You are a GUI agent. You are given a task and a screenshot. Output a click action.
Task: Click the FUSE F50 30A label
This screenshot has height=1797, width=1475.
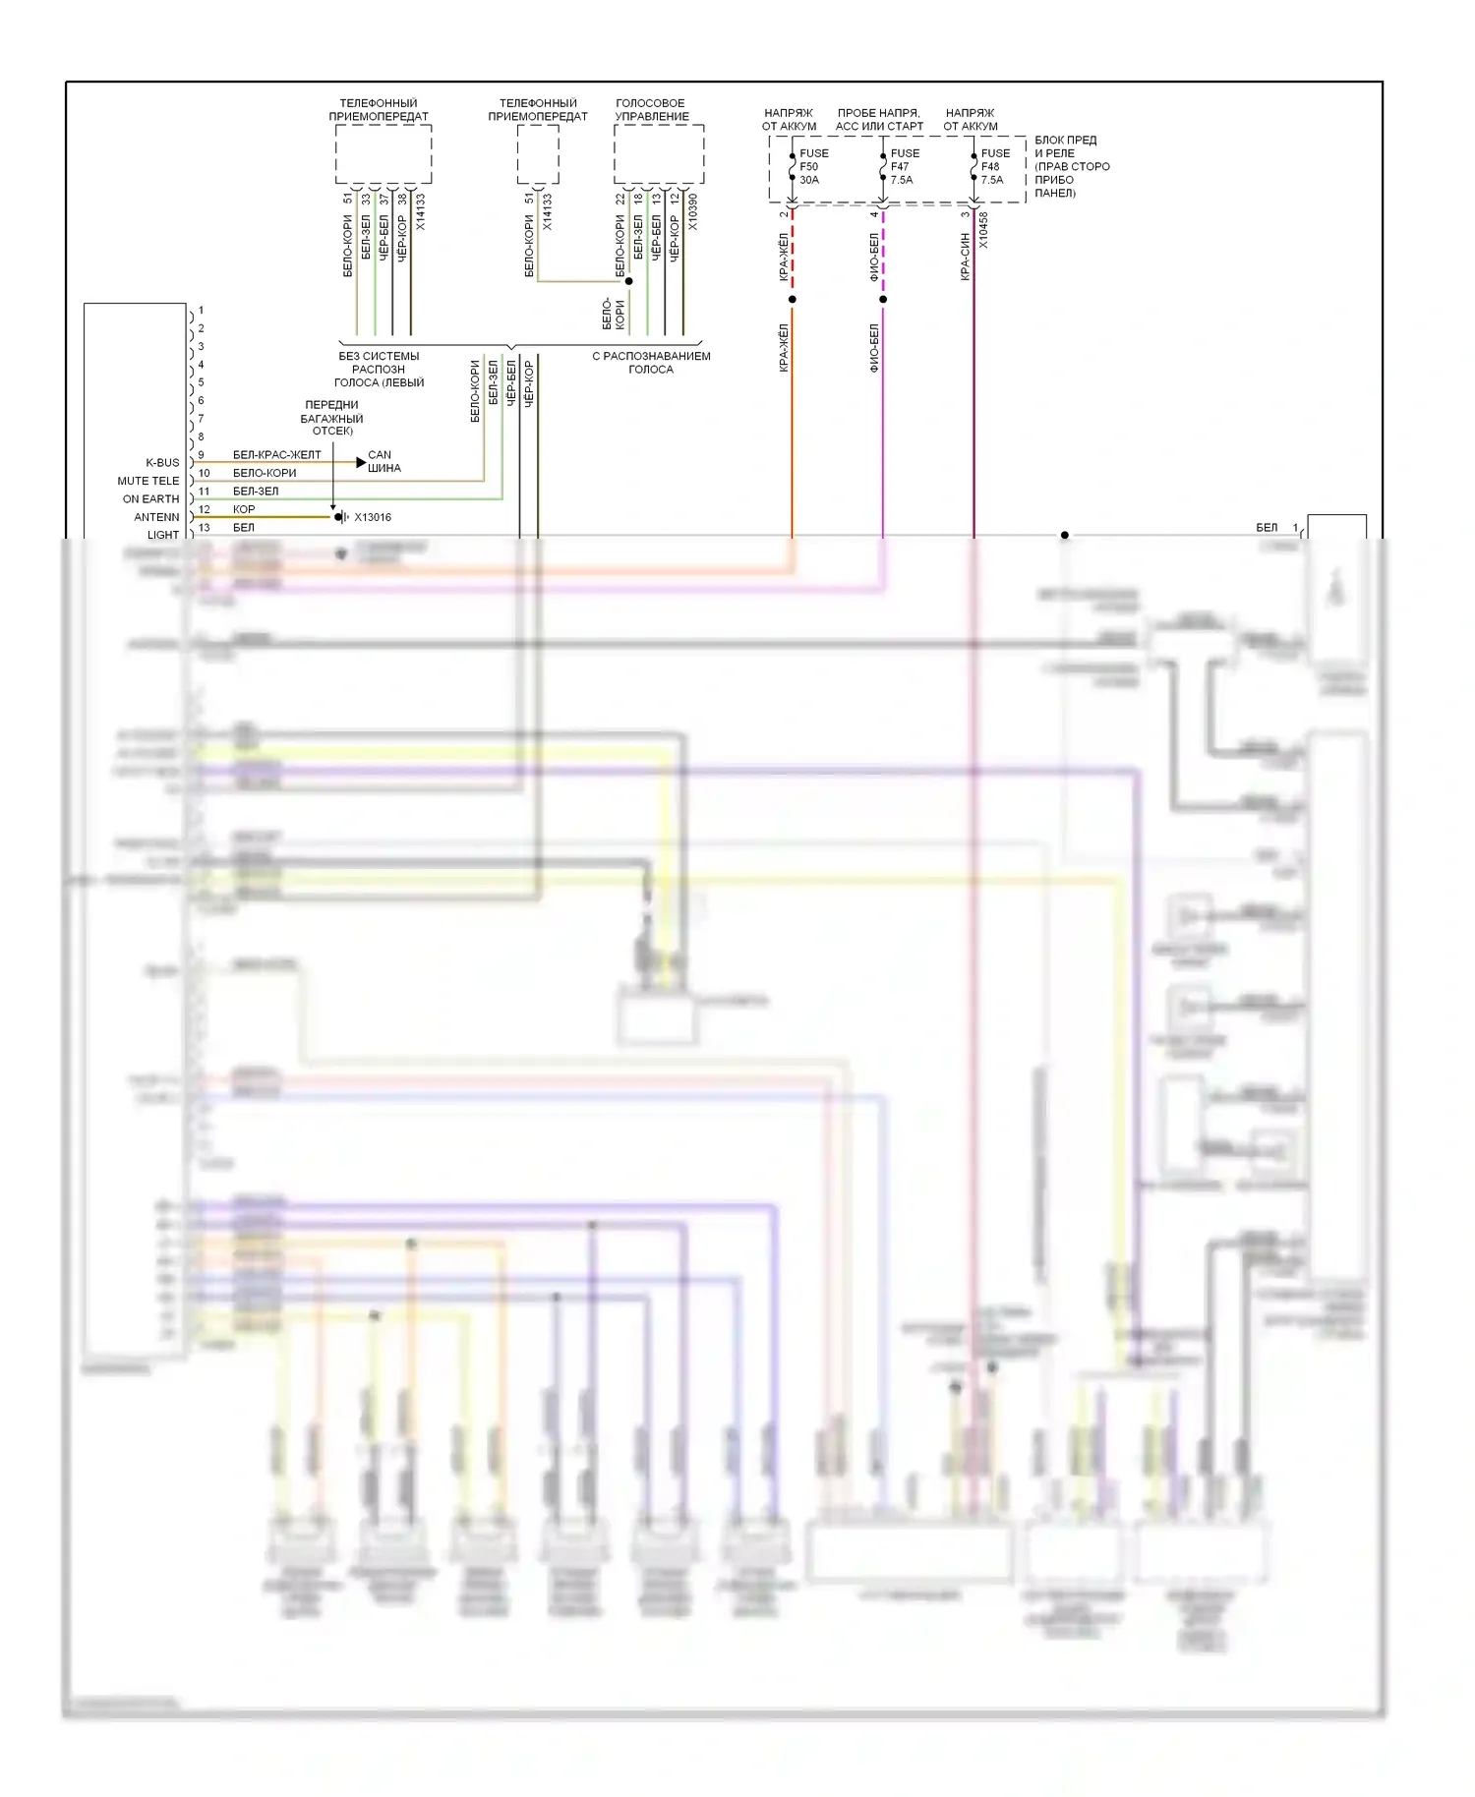pos(813,166)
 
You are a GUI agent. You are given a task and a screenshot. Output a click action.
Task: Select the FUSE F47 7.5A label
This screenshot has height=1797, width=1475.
pos(904,166)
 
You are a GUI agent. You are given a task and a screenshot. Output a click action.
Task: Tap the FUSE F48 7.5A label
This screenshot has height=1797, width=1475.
pos(994,166)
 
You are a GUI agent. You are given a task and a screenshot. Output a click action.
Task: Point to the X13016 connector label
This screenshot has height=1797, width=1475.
pos(373,517)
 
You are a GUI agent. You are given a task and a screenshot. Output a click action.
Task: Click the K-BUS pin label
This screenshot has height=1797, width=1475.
pos(162,463)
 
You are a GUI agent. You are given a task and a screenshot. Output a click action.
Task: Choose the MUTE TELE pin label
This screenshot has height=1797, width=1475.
pos(148,481)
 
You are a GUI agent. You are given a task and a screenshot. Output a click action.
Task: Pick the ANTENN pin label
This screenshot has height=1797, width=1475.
pos(157,517)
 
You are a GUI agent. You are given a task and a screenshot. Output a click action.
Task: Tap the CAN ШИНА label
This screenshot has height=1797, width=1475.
pos(383,461)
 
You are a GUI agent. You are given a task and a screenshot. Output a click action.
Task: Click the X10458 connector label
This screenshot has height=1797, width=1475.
pos(983,230)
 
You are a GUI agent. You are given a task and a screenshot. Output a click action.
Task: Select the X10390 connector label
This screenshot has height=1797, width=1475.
pos(693,211)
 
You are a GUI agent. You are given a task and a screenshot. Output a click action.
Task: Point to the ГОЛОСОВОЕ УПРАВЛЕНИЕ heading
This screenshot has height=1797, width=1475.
pos(651,109)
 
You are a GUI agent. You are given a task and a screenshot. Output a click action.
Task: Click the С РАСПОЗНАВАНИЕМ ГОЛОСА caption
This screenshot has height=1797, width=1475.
pos(651,362)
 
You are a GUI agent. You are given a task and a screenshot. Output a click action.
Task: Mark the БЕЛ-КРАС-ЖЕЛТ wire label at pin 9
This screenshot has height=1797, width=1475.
pos(276,455)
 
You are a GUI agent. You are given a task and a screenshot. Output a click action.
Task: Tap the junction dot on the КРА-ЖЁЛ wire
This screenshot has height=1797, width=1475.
pos(793,299)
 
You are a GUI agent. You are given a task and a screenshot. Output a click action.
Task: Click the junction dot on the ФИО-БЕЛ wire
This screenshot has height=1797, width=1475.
pos(883,299)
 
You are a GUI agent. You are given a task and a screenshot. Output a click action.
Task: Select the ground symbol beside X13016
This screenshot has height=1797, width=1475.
pos(340,517)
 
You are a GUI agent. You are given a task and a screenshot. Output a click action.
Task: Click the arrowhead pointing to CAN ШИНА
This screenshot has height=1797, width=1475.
pos(361,462)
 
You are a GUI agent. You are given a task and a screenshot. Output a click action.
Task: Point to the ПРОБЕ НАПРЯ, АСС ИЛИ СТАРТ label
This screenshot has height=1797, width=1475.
pos(879,119)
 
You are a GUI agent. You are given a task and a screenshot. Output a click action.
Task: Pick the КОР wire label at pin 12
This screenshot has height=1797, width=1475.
pos(244,509)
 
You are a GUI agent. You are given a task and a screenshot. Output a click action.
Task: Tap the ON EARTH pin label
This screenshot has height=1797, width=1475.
pos(151,499)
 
